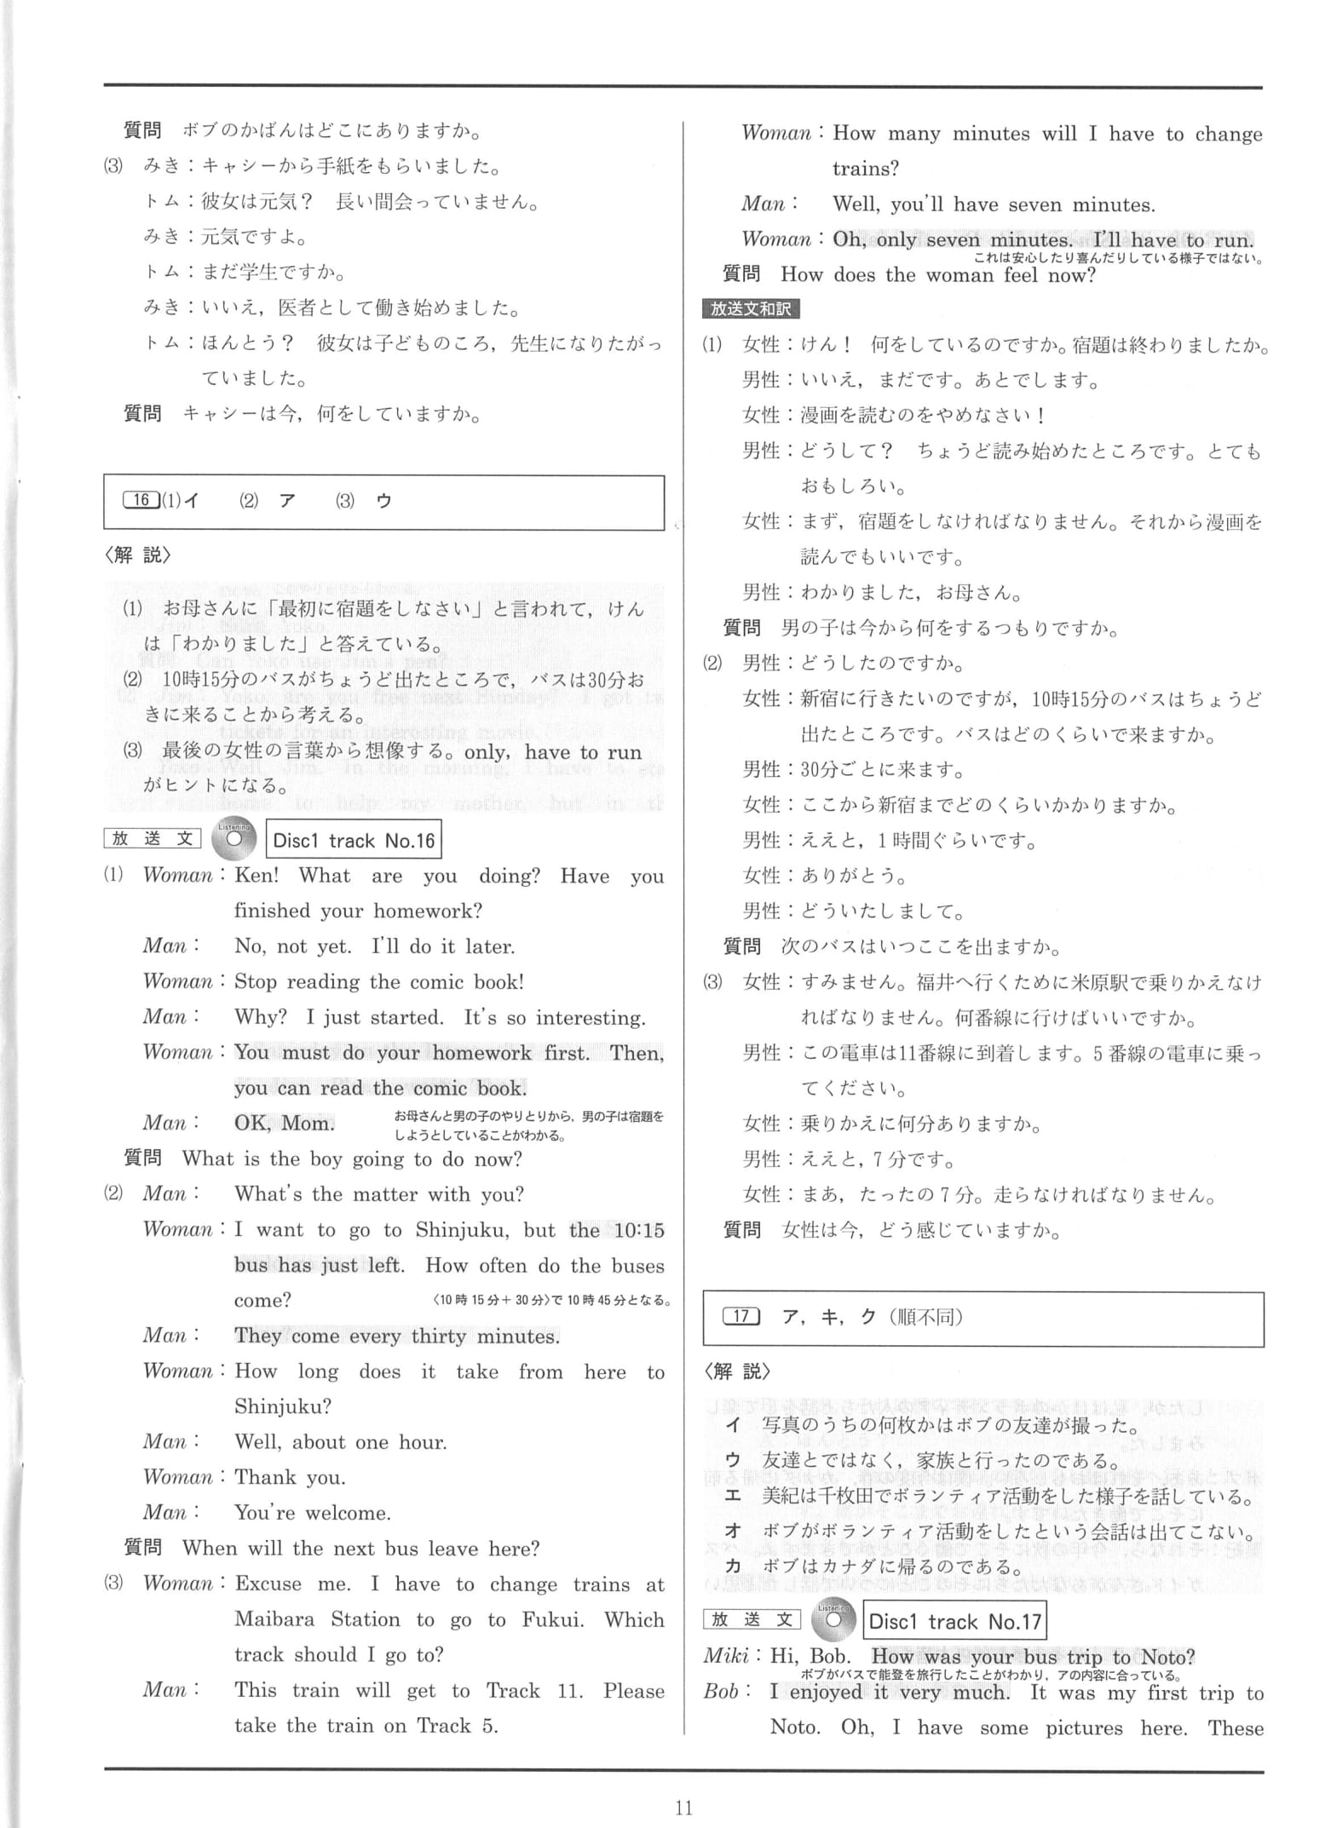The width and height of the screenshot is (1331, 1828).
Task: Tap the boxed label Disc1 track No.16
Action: tap(354, 841)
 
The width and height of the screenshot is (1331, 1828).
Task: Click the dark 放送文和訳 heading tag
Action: tap(751, 309)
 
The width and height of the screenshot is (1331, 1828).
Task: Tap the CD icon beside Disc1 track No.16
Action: tap(234, 839)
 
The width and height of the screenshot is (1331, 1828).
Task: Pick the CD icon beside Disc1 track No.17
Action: tap(834, 1620)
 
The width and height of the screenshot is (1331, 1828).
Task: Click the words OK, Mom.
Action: tap(285, 1123)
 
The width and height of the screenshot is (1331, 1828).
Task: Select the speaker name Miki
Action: tap(725, 1657)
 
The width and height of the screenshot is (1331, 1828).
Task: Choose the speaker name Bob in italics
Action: tap(722, 1692)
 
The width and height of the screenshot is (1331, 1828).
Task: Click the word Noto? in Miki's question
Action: tap(1167, 1657)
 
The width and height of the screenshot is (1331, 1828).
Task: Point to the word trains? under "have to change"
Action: tap(866, 169)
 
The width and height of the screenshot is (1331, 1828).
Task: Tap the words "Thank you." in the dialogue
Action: tap(290, 1477)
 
